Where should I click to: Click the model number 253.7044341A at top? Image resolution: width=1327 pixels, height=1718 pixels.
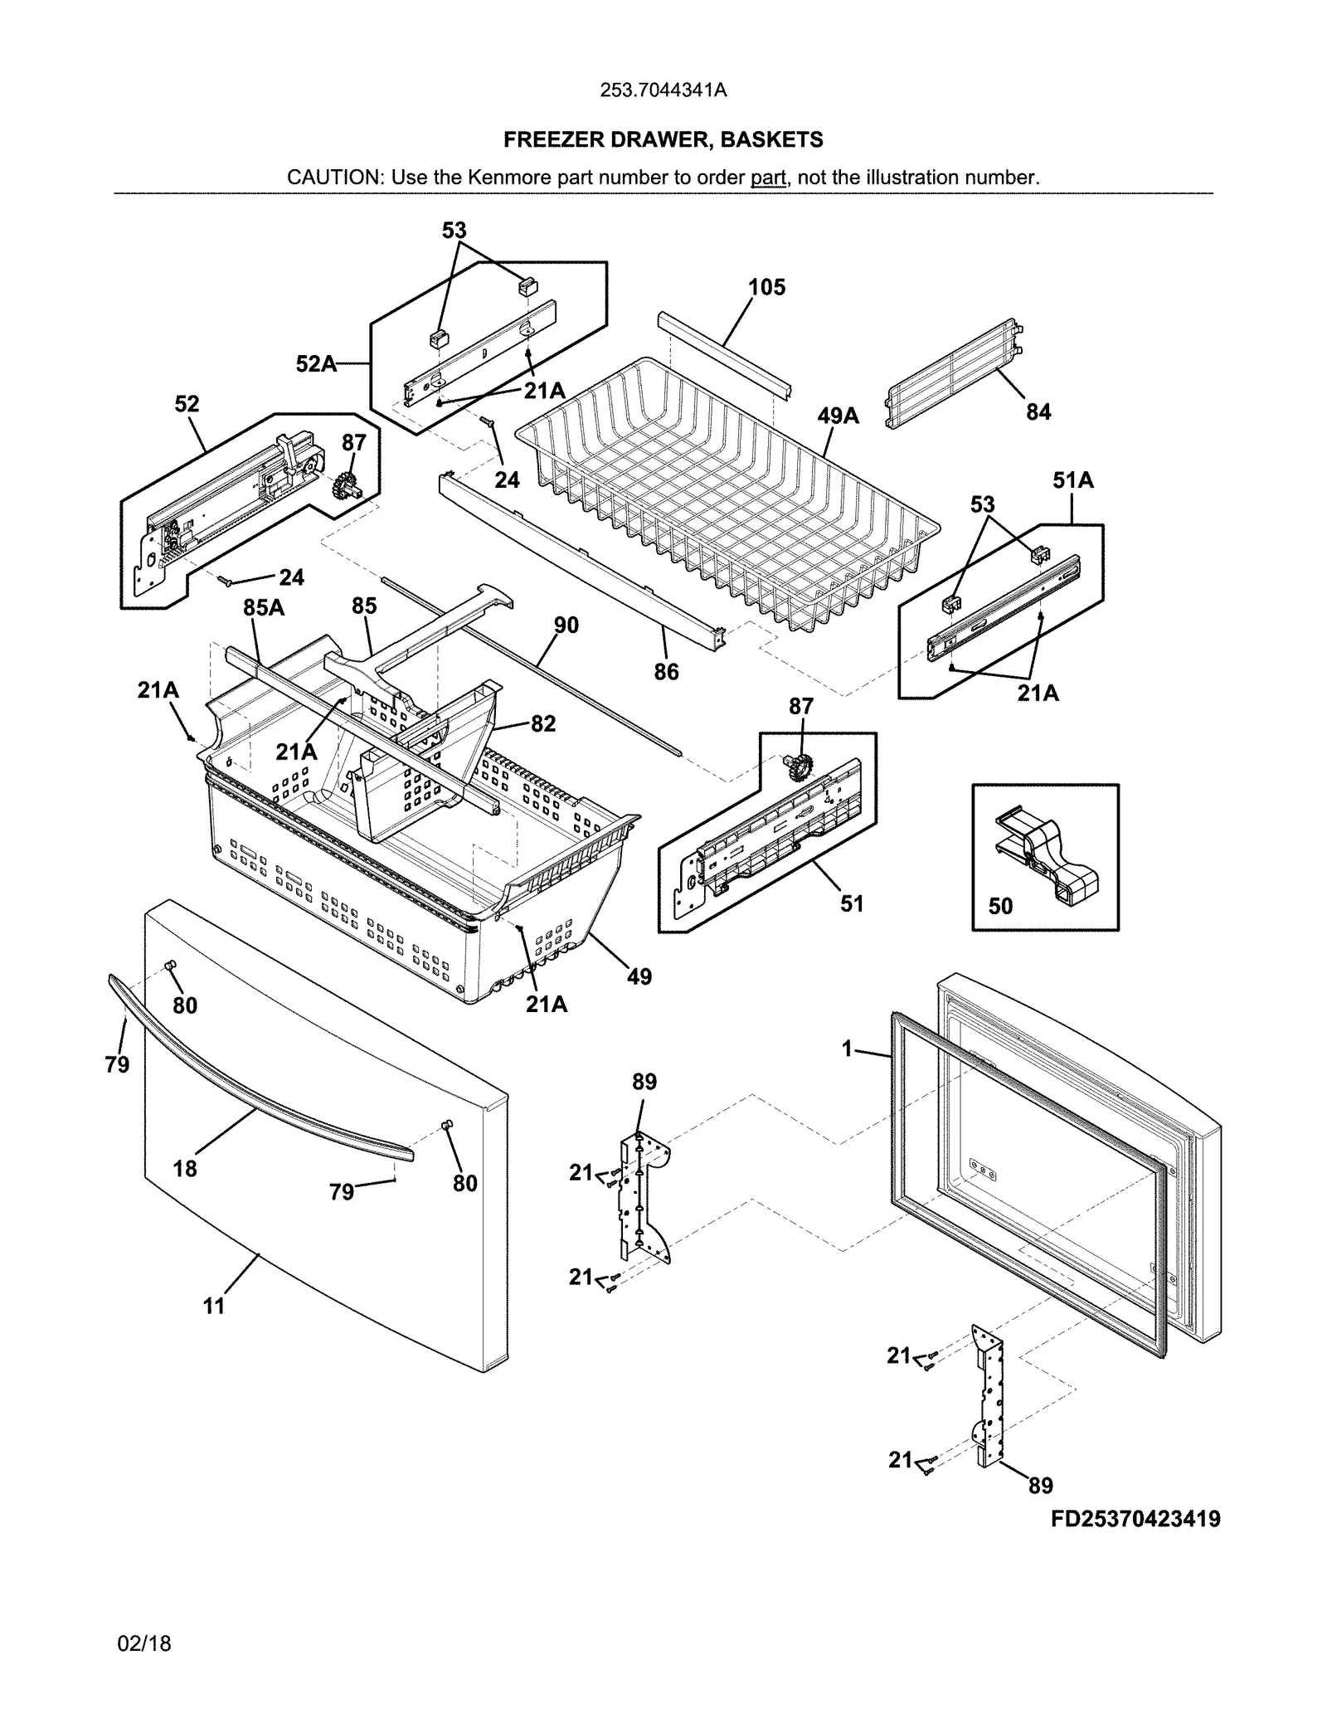pos(663,90)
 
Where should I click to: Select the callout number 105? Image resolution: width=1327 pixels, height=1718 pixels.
pos(766,288)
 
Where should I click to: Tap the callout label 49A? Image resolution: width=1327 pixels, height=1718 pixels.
pos(838,416)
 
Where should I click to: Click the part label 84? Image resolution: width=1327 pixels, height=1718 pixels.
pos(1038,411)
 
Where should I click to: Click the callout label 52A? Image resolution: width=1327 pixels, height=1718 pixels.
pos(316,363)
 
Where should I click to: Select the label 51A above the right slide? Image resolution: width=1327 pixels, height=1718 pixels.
pos(1072,479)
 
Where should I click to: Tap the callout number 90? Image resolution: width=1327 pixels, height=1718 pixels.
pos(566,625)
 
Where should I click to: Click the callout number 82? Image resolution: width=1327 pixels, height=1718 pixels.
pos(542,723)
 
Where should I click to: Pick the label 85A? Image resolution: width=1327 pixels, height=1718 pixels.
pos(263,608)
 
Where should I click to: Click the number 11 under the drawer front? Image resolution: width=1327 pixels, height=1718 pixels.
pos(214,1306)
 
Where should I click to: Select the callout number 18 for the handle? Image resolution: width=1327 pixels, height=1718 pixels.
pos(185,1168)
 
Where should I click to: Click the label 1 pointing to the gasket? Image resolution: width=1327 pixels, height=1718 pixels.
pos(847,1049)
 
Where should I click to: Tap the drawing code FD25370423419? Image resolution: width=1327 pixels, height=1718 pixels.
pos(1135,1519)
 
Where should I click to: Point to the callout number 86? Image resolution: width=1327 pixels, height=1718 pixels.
pos(666,671)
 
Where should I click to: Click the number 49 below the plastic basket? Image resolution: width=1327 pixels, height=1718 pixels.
pos(639,976)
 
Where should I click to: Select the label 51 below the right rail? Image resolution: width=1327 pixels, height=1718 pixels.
pos(852,903)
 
